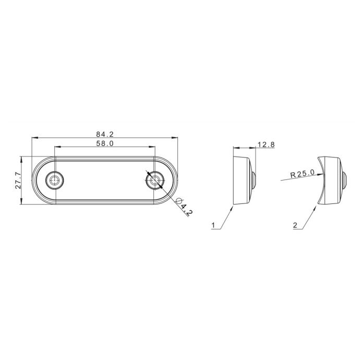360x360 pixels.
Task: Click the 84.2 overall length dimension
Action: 105,134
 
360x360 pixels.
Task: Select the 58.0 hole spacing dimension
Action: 105,143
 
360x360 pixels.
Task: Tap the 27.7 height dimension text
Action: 18,181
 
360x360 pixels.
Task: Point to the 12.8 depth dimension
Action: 266,145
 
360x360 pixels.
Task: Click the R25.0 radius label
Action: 303,174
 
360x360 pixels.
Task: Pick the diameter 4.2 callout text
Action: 184,206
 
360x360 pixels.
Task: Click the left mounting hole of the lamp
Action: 54,180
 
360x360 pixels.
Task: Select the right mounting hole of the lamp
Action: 155,180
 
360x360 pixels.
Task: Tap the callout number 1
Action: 213,225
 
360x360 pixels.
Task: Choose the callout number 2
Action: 295,225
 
